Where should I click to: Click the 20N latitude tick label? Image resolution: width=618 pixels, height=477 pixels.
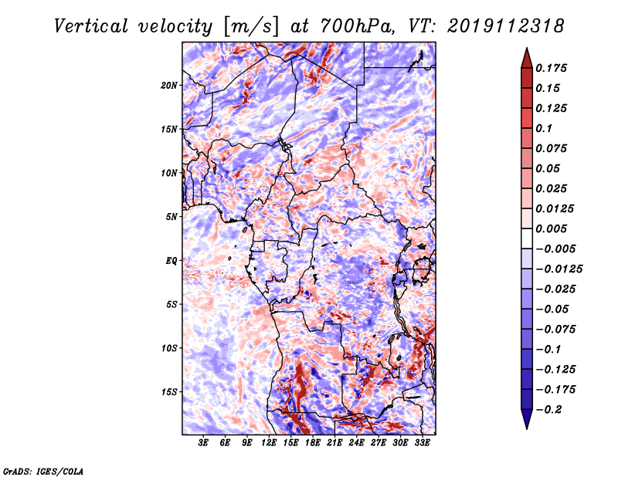(x=169, y=86)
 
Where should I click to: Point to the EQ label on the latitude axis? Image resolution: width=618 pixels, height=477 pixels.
(x=171, y=261)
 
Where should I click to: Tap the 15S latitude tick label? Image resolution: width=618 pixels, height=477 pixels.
(x=169, y=392)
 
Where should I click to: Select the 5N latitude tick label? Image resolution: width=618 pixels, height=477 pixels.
(x=171, y=217)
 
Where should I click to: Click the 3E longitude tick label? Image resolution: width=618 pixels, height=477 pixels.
(x=203, y=443)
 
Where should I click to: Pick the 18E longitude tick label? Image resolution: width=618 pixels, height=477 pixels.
(x=313, y=443)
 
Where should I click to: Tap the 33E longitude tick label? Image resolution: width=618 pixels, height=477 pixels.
(x=422, y=443)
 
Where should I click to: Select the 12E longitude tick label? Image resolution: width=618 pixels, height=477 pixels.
(x=269, y=443)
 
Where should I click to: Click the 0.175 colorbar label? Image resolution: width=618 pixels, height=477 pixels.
(x=551, y=68)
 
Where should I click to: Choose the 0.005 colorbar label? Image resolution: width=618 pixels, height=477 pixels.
(x=551, y=228)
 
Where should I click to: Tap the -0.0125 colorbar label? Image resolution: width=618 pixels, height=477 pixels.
(x=559, y=269)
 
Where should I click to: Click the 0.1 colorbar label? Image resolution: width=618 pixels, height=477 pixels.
(x=544, y=128)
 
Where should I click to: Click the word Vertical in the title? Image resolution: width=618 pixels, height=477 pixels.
(x=91, y=26)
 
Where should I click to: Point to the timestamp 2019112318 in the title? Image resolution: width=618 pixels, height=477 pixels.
(x=505, y=26)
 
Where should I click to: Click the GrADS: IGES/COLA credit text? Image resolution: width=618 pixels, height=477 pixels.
(x=43, y=472)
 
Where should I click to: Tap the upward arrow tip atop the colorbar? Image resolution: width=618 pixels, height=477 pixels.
(x=527, y=48)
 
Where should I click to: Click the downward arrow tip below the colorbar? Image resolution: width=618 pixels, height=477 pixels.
(x=527, y=429)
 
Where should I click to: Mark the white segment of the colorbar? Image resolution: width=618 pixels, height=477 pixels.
(x=527, y=238)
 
